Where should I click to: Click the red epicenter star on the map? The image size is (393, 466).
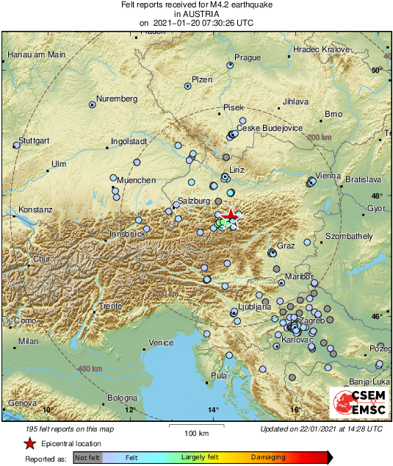click(x=231, y=215)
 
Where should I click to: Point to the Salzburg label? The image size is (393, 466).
click(x=195, y=201)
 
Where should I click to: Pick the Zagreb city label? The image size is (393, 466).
click(x=311, y=322)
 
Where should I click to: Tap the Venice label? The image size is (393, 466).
click(x=161, y=343)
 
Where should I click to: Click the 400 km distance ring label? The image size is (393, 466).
click(x=89, y=368)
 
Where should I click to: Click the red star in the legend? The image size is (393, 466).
click(x=29, y=444)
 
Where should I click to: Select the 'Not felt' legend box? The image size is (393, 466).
click(x=87, y=457)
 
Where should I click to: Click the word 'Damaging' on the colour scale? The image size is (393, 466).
click(x=269, y=457)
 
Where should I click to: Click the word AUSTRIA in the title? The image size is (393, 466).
click(x=196, y=13)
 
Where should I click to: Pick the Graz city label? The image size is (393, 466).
click(x=286, y=245)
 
